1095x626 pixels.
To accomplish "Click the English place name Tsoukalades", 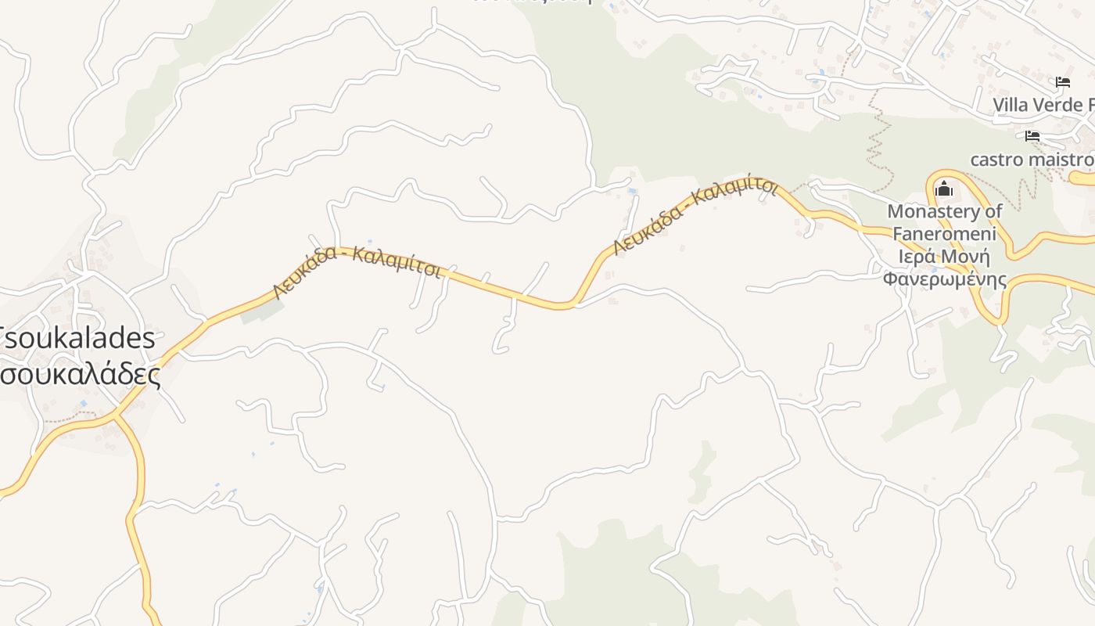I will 78,338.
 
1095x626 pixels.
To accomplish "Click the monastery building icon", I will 944,189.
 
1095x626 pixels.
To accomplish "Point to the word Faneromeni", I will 945,234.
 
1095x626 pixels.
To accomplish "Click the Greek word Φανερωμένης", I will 945,279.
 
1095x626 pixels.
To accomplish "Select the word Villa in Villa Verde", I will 1011,105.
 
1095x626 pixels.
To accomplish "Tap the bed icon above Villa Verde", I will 1063,82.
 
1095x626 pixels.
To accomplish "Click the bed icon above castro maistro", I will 1032,136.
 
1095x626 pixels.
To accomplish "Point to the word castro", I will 996,160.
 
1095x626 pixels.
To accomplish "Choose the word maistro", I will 1059,160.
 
